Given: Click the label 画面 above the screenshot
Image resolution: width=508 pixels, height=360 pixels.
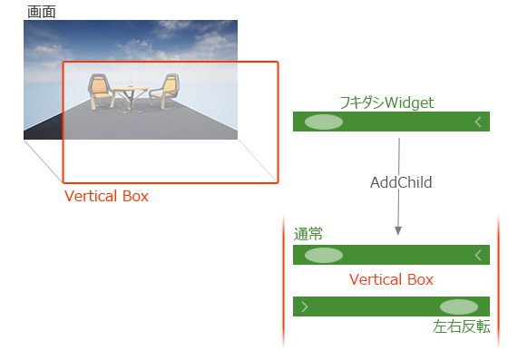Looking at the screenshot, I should (41, 12).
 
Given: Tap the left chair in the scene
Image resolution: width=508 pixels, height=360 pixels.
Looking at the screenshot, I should (99, 94).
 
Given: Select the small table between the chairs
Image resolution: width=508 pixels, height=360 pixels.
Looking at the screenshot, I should (132, 95).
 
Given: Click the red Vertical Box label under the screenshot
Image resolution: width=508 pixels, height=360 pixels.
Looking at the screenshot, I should (106, 196).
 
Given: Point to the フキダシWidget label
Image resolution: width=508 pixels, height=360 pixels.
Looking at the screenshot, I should (387, 102).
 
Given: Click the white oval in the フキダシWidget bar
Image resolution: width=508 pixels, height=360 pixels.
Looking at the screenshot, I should (324, 122).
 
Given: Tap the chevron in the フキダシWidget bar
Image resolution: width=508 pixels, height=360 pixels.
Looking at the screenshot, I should (478, 122).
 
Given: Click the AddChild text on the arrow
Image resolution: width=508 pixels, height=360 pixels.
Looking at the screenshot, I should (401, 182).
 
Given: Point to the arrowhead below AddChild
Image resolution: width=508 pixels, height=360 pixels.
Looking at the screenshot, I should (398, 232).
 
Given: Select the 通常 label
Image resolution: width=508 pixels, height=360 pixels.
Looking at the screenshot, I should (308, 234).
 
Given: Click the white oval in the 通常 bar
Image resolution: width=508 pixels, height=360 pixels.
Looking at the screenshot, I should (324, 255).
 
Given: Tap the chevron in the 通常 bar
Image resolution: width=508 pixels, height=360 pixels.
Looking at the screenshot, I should (478, 255).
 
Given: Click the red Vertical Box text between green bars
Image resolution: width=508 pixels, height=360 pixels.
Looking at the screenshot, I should (391, 279).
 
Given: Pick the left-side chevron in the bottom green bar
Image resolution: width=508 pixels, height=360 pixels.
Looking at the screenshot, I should (304, 306).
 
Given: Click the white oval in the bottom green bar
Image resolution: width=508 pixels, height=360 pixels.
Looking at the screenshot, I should (458, 306).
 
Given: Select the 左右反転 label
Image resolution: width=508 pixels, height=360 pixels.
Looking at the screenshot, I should (461, 327).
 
